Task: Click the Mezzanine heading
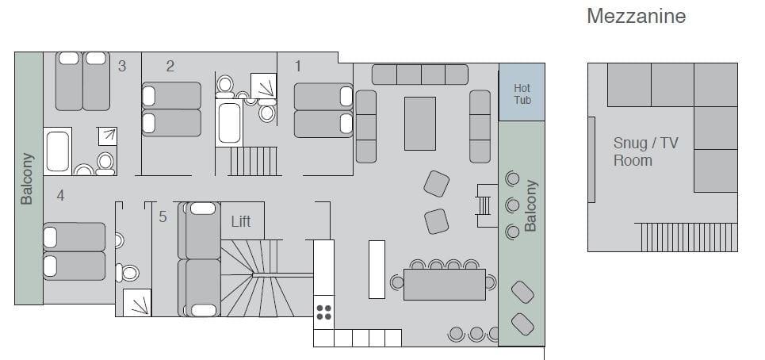(x=637, y=16)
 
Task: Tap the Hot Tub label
(x=522, y=94)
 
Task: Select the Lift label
(x=241, y=221)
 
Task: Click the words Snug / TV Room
(x=645, y=151)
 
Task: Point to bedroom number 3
(x=122, y=66)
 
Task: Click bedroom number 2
(x=170, y=66)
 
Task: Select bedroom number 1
(x=297, y=66)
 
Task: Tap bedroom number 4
(x=60, y=196)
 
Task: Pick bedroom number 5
(x=163, y=216)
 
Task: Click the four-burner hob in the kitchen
(x=323, y=312)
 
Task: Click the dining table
(x=445, y=285)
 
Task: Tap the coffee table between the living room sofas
(x=420, y=124)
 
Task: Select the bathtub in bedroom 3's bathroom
(x=58, y=151)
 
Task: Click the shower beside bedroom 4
(x=137, y=302)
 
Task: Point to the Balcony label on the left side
(x=27, y=178)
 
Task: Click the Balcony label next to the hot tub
(x=530, y=205)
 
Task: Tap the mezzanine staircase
(x=687, y=237)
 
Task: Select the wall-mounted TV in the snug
(x=591, y=159)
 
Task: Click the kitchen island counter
(x=377, y=270)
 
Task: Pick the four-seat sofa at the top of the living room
(x=420, y=75)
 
